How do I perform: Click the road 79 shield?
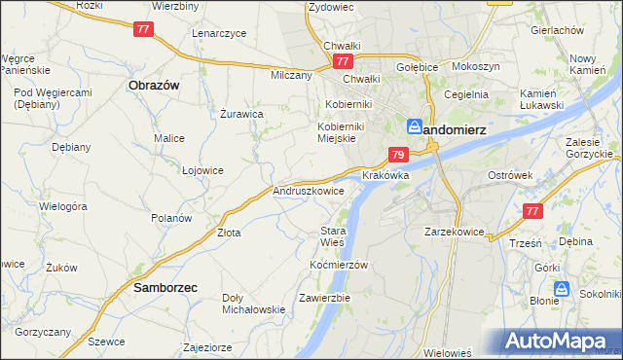[397, 155]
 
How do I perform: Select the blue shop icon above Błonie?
[561, 288]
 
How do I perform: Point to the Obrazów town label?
[153, 85]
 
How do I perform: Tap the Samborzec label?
[165, 288]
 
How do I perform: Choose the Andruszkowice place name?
[309, 192]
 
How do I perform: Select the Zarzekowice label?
[455, 233]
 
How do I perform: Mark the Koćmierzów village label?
[338, 265]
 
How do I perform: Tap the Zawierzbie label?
[325, 297]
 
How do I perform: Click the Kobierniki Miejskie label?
[340, 132]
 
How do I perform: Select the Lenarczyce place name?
[218, 32]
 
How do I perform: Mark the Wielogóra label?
[63, 206]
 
